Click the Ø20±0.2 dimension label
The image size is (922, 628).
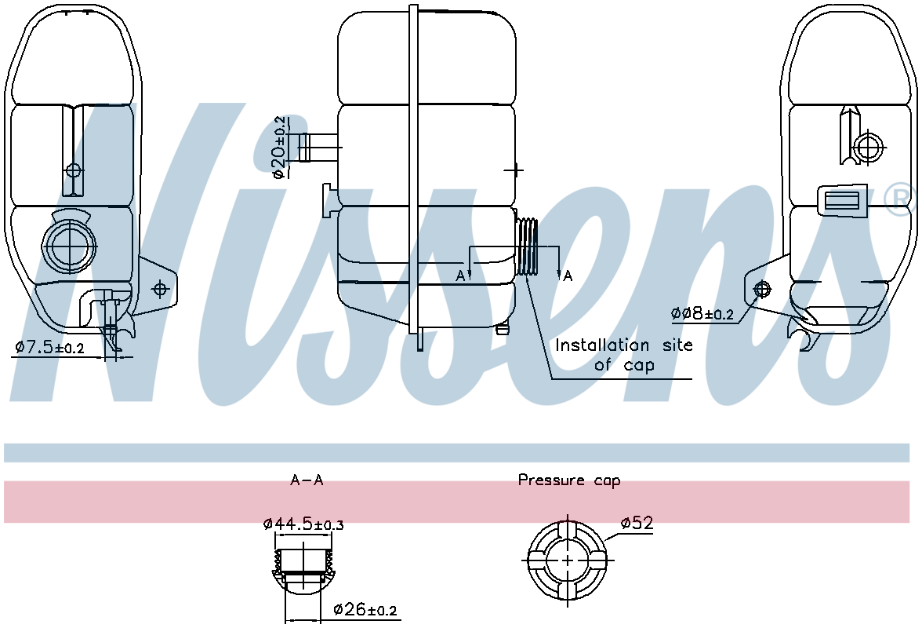[280, 148]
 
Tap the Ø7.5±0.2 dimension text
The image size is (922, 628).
[49, 346]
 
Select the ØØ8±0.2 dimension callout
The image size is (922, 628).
[702, 314]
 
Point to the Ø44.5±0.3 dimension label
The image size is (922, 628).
[303, 524]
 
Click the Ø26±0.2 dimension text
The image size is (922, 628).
[365, 610]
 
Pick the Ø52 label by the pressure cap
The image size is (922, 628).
[636, 522]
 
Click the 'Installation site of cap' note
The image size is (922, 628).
[624, 355]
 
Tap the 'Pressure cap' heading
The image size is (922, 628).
[568, 480]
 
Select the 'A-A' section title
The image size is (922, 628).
[306, 480]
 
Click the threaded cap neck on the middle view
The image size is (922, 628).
[529, 246]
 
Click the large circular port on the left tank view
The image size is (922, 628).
[70, 246]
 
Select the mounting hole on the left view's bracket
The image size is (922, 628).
[160, 289]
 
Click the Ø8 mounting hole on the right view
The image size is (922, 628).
[759, 290]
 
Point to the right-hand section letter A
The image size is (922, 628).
[568, 276]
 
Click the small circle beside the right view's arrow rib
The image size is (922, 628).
[869, 146]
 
